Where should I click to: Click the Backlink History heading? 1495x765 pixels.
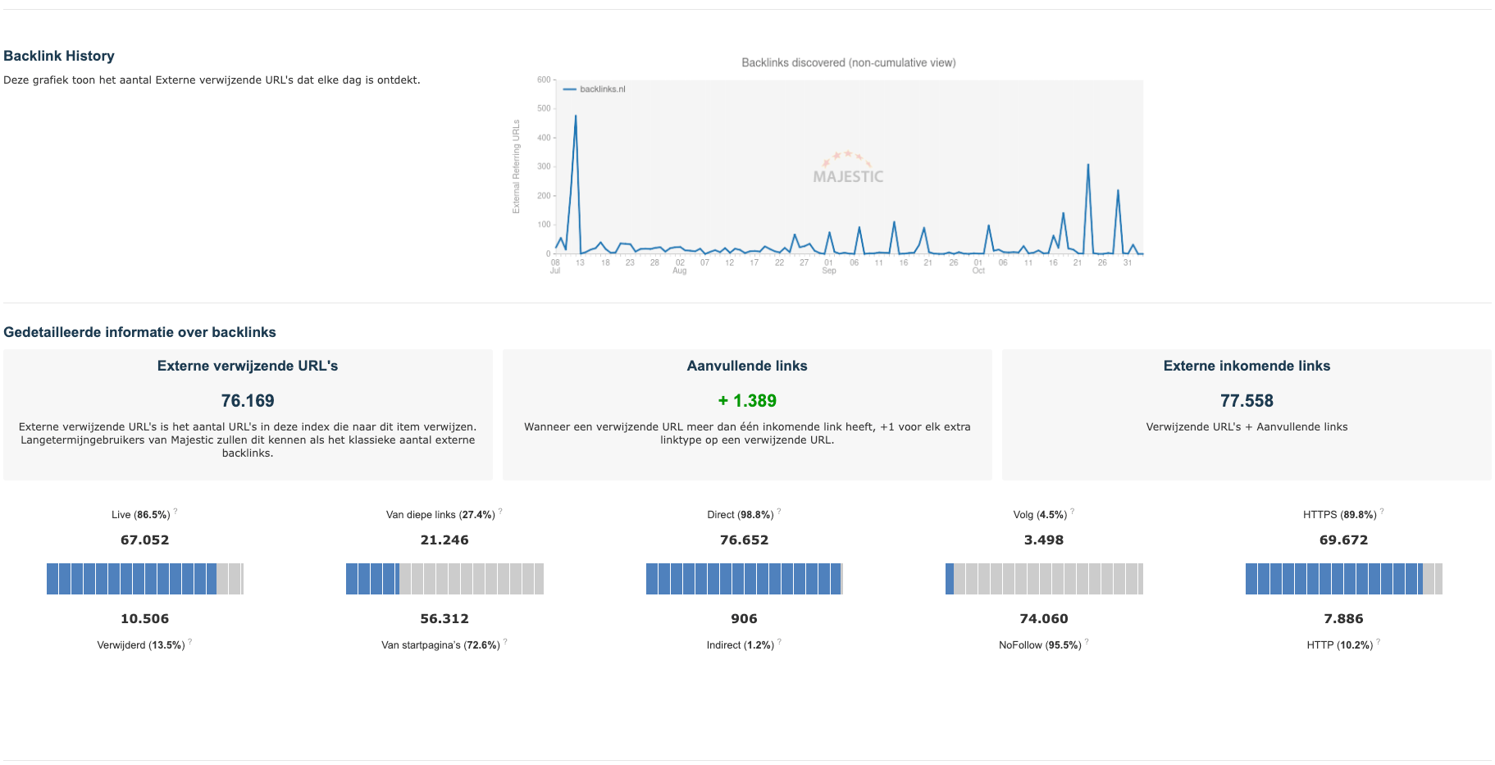[59, 56]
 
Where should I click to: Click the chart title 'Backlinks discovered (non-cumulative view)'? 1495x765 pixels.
[848, 62]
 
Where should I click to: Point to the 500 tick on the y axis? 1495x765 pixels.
[544, 108]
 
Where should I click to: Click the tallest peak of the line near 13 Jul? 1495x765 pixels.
[576, 116]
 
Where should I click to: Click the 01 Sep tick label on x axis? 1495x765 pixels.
[828, 266]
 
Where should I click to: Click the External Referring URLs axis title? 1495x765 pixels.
[516, 166]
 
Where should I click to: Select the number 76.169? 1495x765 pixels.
[247, 401]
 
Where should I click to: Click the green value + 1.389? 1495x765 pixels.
[747, 401]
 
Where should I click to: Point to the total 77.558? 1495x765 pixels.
[1246, 401]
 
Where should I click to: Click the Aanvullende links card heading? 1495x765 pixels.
[746, 366]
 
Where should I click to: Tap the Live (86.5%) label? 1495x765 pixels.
[140, 515]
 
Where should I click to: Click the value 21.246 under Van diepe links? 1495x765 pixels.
[444, 540]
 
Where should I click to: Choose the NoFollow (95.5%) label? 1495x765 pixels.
[1039, 645]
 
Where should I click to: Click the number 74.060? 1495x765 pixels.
[1043, 619]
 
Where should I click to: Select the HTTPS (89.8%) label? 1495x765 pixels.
[1338, 515]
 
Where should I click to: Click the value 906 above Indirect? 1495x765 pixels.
[744, 619]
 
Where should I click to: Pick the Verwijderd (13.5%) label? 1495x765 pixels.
[140, 645]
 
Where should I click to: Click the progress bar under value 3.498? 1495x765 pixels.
[1043, 579]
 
